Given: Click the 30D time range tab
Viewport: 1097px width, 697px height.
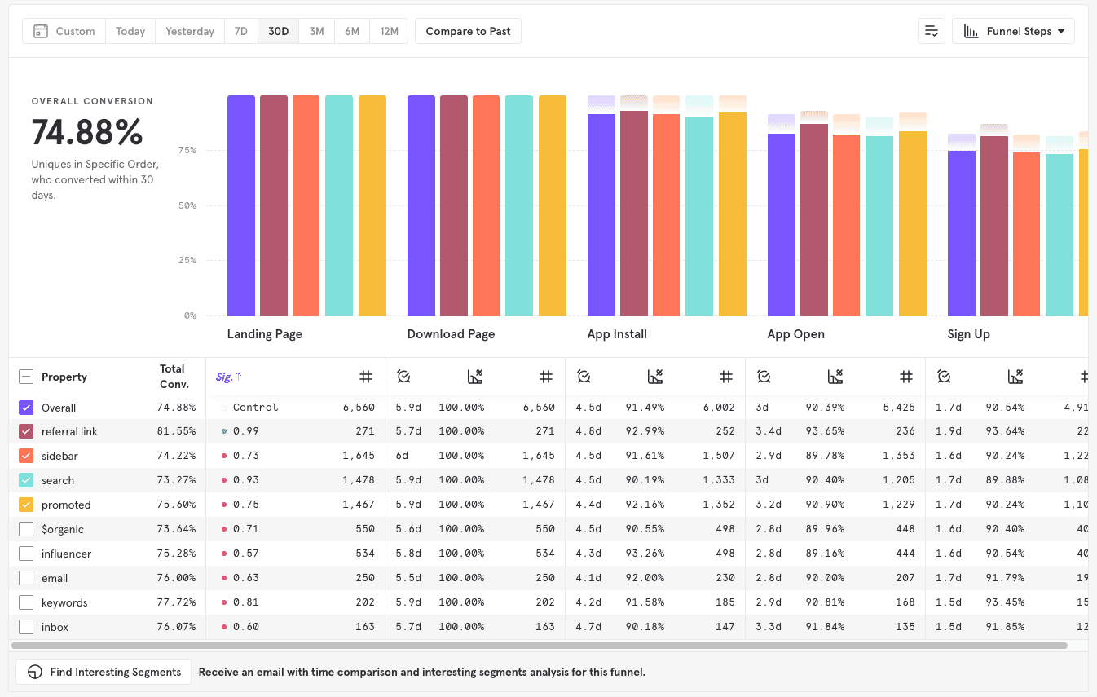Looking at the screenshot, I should point(278,31).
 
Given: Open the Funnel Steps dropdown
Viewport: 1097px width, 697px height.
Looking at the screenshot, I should point(1013,31).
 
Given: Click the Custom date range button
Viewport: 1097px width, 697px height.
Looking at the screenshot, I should point(64,31).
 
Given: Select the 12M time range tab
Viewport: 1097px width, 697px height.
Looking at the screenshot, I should point(389,31).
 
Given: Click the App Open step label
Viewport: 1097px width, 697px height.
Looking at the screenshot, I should point(795,334).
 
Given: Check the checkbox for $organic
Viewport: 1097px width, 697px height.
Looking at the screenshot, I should point(26,529).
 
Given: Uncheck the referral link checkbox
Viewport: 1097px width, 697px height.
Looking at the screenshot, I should point(26,431).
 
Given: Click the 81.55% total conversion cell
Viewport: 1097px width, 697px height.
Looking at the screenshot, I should point(176,431).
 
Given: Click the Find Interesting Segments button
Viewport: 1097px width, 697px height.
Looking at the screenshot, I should point(104,672).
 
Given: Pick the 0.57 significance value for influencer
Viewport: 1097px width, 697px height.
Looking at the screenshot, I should point(245,554).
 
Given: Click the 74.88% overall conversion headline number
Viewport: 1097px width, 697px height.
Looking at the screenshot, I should point(87,132).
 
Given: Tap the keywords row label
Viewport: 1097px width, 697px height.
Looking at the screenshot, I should point(64,602).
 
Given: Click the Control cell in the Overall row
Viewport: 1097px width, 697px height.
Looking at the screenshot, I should point(255,407).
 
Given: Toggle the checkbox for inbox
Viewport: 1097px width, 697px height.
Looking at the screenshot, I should point(26,627).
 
